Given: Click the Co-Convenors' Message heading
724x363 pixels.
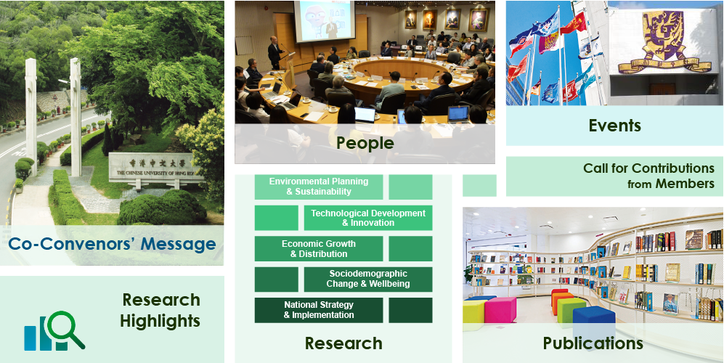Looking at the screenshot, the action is click(113, 243).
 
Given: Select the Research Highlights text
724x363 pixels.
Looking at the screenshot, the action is click(160, 310).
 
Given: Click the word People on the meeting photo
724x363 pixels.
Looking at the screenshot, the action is click(365, 143).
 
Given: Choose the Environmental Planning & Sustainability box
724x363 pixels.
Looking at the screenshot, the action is click(319, 187).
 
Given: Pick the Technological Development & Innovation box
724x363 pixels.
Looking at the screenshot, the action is click(368, 218).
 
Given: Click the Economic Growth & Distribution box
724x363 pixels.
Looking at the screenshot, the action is click(319, 248).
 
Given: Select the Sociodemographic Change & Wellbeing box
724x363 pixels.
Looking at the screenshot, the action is click(368, 280).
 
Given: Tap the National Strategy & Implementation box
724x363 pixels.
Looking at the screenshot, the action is click(319, 310).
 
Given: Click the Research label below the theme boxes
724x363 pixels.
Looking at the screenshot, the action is click(343, 343).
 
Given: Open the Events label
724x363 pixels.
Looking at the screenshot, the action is click(614, 125).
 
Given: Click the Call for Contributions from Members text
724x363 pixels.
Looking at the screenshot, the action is click(648, 176).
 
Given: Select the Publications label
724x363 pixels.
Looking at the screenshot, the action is click(593, 343).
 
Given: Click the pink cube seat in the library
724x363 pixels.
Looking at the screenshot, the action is click(500, 309).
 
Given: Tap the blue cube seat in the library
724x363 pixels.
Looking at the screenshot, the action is click(594, 319).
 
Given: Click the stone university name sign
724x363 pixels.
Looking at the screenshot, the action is click(156, 169).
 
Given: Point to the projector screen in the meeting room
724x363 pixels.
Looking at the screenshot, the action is click(325, 21).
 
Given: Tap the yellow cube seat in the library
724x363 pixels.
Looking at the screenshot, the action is click(473, 312).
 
